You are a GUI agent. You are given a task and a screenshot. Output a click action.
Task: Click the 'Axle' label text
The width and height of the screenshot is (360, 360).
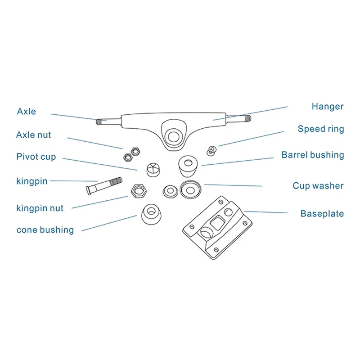coord(26,111)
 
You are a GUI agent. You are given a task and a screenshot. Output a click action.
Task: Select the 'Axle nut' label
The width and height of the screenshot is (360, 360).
coord(33,135)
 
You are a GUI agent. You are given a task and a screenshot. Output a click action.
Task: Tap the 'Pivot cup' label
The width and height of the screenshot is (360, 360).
coord(36,157)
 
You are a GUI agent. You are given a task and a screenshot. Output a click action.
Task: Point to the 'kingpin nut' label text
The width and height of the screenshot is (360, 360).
coord(40,208)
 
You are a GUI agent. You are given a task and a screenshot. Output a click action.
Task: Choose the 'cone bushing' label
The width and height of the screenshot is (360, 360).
coord(45,230)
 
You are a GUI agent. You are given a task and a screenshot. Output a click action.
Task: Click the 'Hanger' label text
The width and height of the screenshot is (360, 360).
coord(327,107)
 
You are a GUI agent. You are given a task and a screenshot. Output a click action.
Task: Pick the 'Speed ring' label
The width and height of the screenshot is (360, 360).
coord(320,129)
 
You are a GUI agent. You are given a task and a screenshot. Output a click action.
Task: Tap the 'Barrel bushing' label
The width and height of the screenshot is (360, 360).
coord(312,155)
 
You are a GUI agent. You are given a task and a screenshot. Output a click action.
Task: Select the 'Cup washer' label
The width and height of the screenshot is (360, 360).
coord(318,186)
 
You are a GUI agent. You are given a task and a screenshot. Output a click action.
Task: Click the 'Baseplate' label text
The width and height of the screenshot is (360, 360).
coord(322,214)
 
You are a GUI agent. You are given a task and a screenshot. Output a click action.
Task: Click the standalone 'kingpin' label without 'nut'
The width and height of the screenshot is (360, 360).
coord(31,181)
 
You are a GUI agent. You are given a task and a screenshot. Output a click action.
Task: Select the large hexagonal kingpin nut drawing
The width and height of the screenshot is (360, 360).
coord(139,191)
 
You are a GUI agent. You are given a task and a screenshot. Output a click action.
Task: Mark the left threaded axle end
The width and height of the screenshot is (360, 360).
coord(102,121)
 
